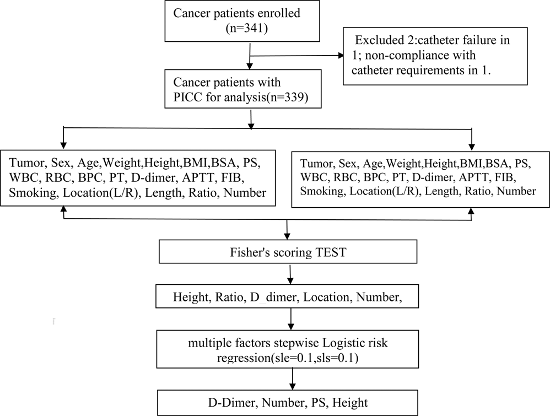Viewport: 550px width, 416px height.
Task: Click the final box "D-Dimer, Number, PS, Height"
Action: coord(290,403)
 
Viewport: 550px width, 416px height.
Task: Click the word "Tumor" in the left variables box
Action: coord(25,163)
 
